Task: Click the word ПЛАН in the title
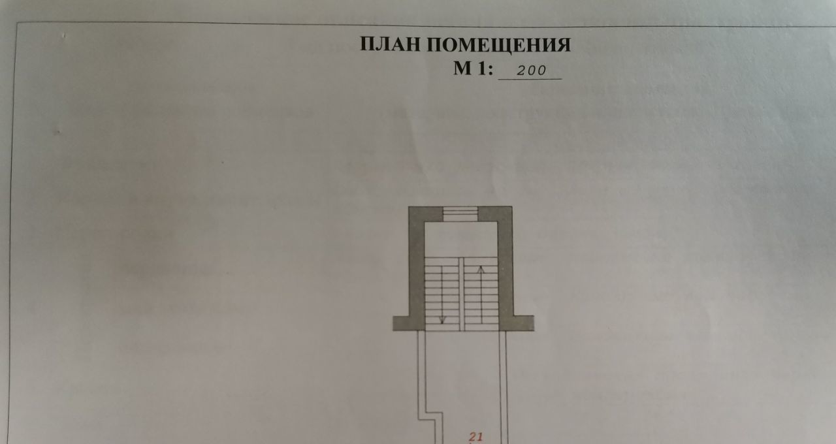391,44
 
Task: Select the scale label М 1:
474,69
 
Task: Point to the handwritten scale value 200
530,71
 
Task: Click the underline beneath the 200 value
530,79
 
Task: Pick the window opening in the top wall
460,214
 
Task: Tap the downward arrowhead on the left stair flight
442,320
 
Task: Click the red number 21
475,437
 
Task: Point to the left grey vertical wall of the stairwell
417,268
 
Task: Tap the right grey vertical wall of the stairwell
505,268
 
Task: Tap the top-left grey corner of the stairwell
417,214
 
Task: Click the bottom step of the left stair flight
442,327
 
